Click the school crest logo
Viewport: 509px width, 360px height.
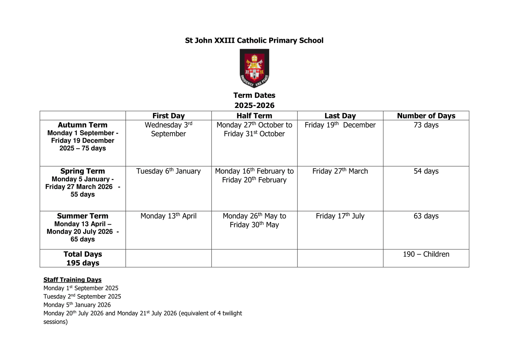click(254, 68)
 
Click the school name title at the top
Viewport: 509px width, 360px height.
click(254, 40)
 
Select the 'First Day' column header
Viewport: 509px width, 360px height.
click(168, 116)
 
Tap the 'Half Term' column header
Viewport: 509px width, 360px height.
click(254, 116)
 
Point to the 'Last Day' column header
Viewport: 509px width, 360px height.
click(340, 116)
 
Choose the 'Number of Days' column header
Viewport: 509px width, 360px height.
click(426, 116)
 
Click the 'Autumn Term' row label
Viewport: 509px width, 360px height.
click(83, 125)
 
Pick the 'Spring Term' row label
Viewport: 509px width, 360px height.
click(83, 171)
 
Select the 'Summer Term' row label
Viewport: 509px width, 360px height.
click(83, 216)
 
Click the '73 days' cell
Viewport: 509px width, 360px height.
click(426, 125)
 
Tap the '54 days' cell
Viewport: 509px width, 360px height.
click(426, 171)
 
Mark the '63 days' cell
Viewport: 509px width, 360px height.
click(426, 216)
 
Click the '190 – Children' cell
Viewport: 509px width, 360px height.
click(426, 254)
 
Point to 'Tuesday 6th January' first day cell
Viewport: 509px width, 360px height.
click(168, 171)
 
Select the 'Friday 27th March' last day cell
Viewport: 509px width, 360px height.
click(340, 171)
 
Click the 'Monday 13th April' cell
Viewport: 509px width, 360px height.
click(168, 216)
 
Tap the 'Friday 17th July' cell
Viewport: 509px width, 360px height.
click(340, 216)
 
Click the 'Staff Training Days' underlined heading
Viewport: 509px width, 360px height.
click(73, 280)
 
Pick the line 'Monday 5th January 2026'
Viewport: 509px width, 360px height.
click(77, 305)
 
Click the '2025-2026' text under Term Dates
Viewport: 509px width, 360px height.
click(254, 105)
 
